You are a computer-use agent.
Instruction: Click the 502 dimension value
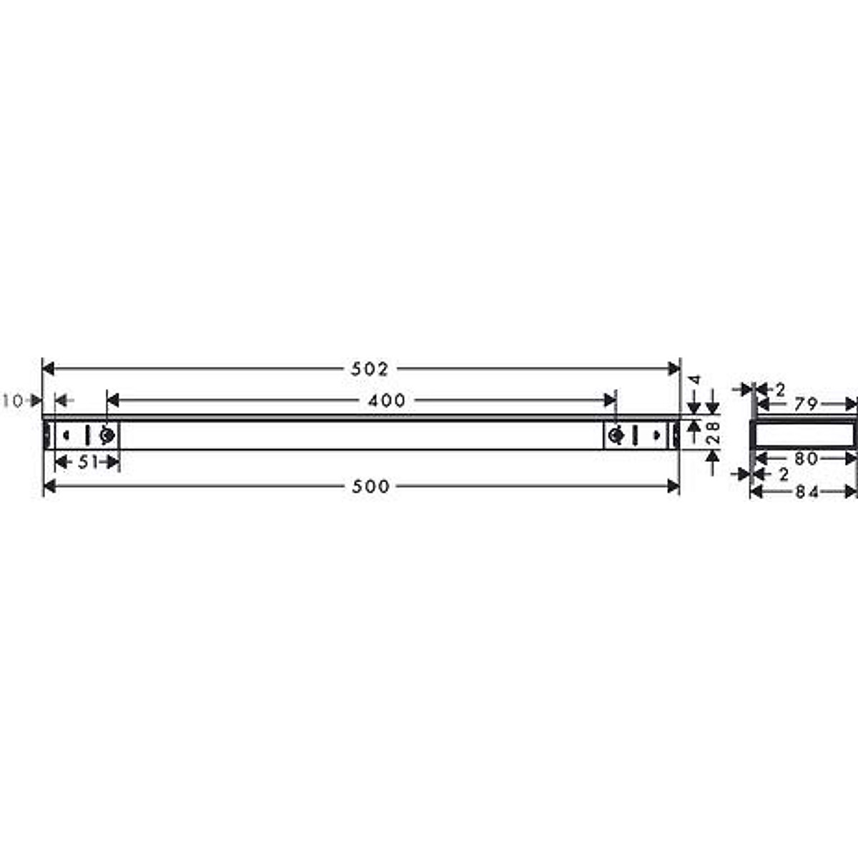coord(370,369)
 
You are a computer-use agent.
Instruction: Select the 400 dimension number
coord(387,400)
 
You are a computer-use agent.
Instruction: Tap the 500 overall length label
coord(370,487)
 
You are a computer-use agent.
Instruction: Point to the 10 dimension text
coord(12,401)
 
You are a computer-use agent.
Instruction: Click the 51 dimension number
coord(87,463)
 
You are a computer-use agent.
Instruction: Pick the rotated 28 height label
coord(711,433)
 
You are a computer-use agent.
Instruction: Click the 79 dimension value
coord(805,404)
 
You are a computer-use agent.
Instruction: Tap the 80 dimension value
coord(806,458)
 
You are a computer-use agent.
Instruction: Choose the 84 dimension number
coord(807,492)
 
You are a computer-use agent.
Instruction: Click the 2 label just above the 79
coord(780,390)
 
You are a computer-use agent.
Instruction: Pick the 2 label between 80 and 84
coord(784,474)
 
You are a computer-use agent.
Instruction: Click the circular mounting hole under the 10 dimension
coord(107,435)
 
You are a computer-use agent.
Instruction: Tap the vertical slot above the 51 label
coord(87,435)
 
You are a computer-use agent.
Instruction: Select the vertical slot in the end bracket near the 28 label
coord(634,435)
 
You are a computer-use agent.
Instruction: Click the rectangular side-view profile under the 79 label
coord(803,433)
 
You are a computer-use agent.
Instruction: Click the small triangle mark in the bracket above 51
coord(66,435)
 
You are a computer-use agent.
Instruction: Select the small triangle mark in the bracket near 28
coord(656,435)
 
